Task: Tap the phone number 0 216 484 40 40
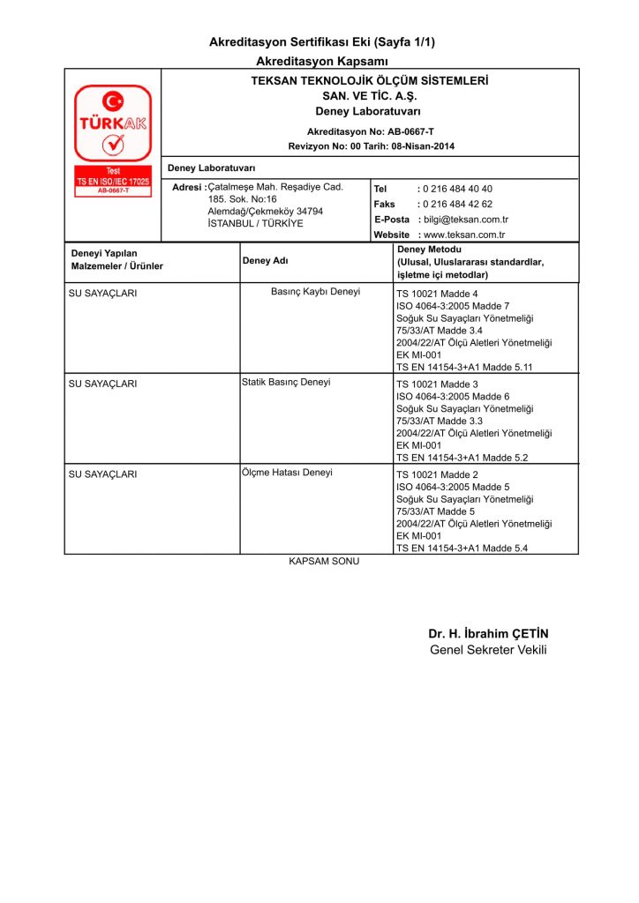point(458,189)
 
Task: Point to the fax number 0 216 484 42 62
point(458,204)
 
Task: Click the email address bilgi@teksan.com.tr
point(466,220)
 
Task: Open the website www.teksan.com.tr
point(464,235)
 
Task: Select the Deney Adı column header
point(265,261)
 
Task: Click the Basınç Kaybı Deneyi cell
point(315,292)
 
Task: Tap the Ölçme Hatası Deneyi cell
point(287,473)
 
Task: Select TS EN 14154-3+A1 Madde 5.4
point(462,549)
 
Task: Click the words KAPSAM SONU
point(325,562)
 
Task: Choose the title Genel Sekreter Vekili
point(488,650)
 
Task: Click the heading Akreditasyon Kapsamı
point(322,61)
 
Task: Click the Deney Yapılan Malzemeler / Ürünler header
point(117,260)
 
